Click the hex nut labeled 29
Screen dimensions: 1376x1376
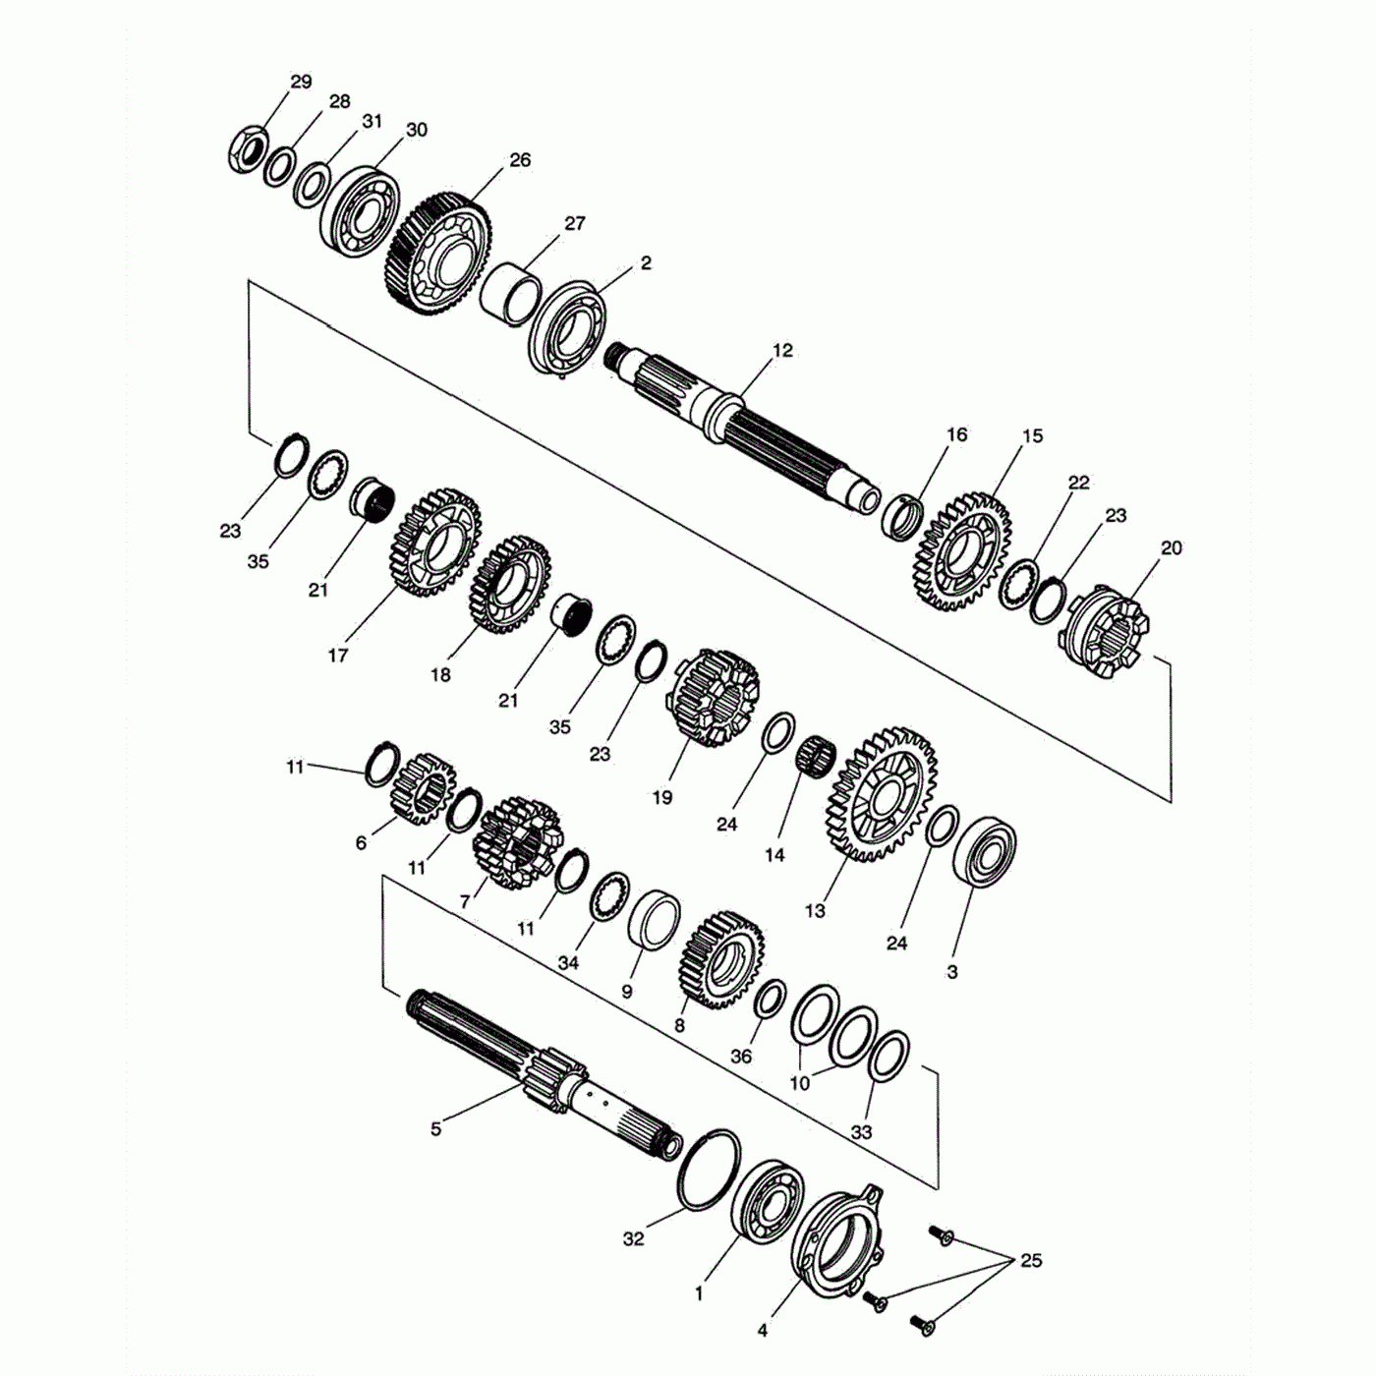coord(247,148)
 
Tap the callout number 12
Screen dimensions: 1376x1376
coord(782,350)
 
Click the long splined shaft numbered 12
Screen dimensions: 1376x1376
coord(743,430)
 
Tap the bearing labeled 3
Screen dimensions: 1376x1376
coord(985,852)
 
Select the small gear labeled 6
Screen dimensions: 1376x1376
coord(424,789)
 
